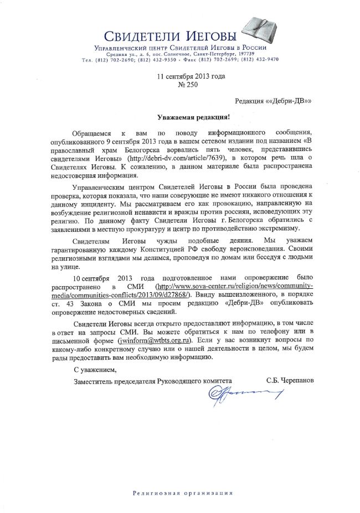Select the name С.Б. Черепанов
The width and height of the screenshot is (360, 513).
tap(286, 380)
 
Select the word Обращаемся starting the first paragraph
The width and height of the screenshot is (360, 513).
tap(92, 134)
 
